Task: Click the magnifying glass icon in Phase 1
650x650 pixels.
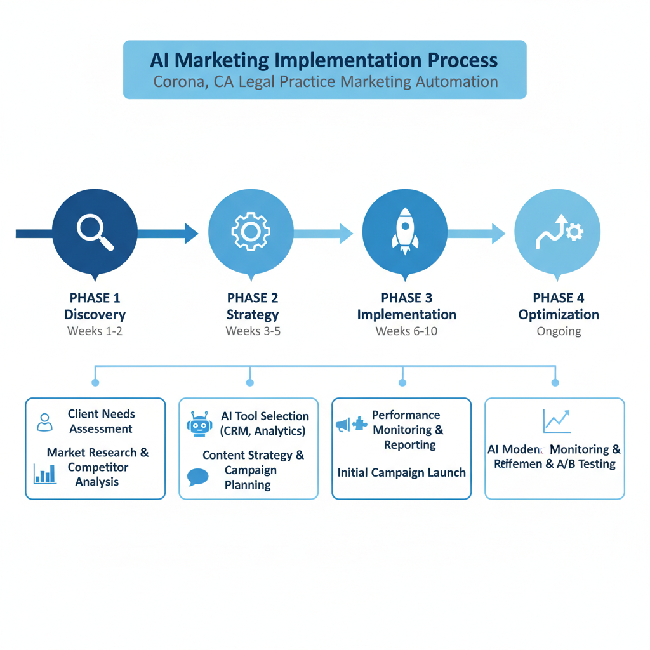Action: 95,232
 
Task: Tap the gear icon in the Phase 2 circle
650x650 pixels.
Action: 251,231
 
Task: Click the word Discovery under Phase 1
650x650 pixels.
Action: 95,314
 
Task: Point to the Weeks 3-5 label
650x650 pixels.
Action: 253,331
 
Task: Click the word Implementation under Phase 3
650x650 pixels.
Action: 406,314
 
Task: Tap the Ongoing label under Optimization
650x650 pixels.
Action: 559,331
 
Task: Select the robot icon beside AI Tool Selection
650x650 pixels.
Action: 200,424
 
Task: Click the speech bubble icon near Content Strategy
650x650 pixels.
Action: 198,477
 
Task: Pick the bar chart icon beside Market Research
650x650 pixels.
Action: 44,473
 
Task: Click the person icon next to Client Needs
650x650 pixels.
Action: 44,422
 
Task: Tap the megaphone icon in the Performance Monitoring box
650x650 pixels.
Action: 343,425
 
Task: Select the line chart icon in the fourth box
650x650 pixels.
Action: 557,421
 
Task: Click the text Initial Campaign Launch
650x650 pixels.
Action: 401,472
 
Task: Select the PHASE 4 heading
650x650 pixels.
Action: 558,298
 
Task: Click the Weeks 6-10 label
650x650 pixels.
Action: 406,331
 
